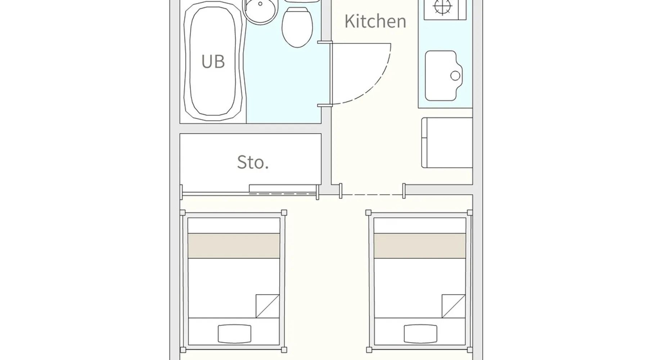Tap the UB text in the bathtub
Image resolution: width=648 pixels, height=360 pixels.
coord(213,62)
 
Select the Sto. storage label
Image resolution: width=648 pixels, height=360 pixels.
coord(253,162)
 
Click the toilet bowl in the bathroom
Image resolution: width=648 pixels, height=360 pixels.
coord(297,27)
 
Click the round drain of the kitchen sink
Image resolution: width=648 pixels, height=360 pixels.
coord(455,76)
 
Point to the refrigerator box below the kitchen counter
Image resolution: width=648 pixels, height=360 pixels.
coord(447,143)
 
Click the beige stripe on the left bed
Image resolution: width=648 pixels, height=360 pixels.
coord(234,246)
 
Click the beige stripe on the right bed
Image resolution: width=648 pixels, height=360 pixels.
coord(420,246)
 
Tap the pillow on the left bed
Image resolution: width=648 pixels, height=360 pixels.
coord(234,334)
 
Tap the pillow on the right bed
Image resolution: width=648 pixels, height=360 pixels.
coord(420,334)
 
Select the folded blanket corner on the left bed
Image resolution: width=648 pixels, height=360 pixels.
coord(268,306)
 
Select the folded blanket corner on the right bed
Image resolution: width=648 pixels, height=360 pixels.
coord(454,306)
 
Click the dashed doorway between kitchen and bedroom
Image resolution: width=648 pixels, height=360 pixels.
coord(372,195)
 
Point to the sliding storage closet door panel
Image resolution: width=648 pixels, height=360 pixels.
coord(283,189)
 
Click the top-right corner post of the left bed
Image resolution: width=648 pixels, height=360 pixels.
coord(284,212)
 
